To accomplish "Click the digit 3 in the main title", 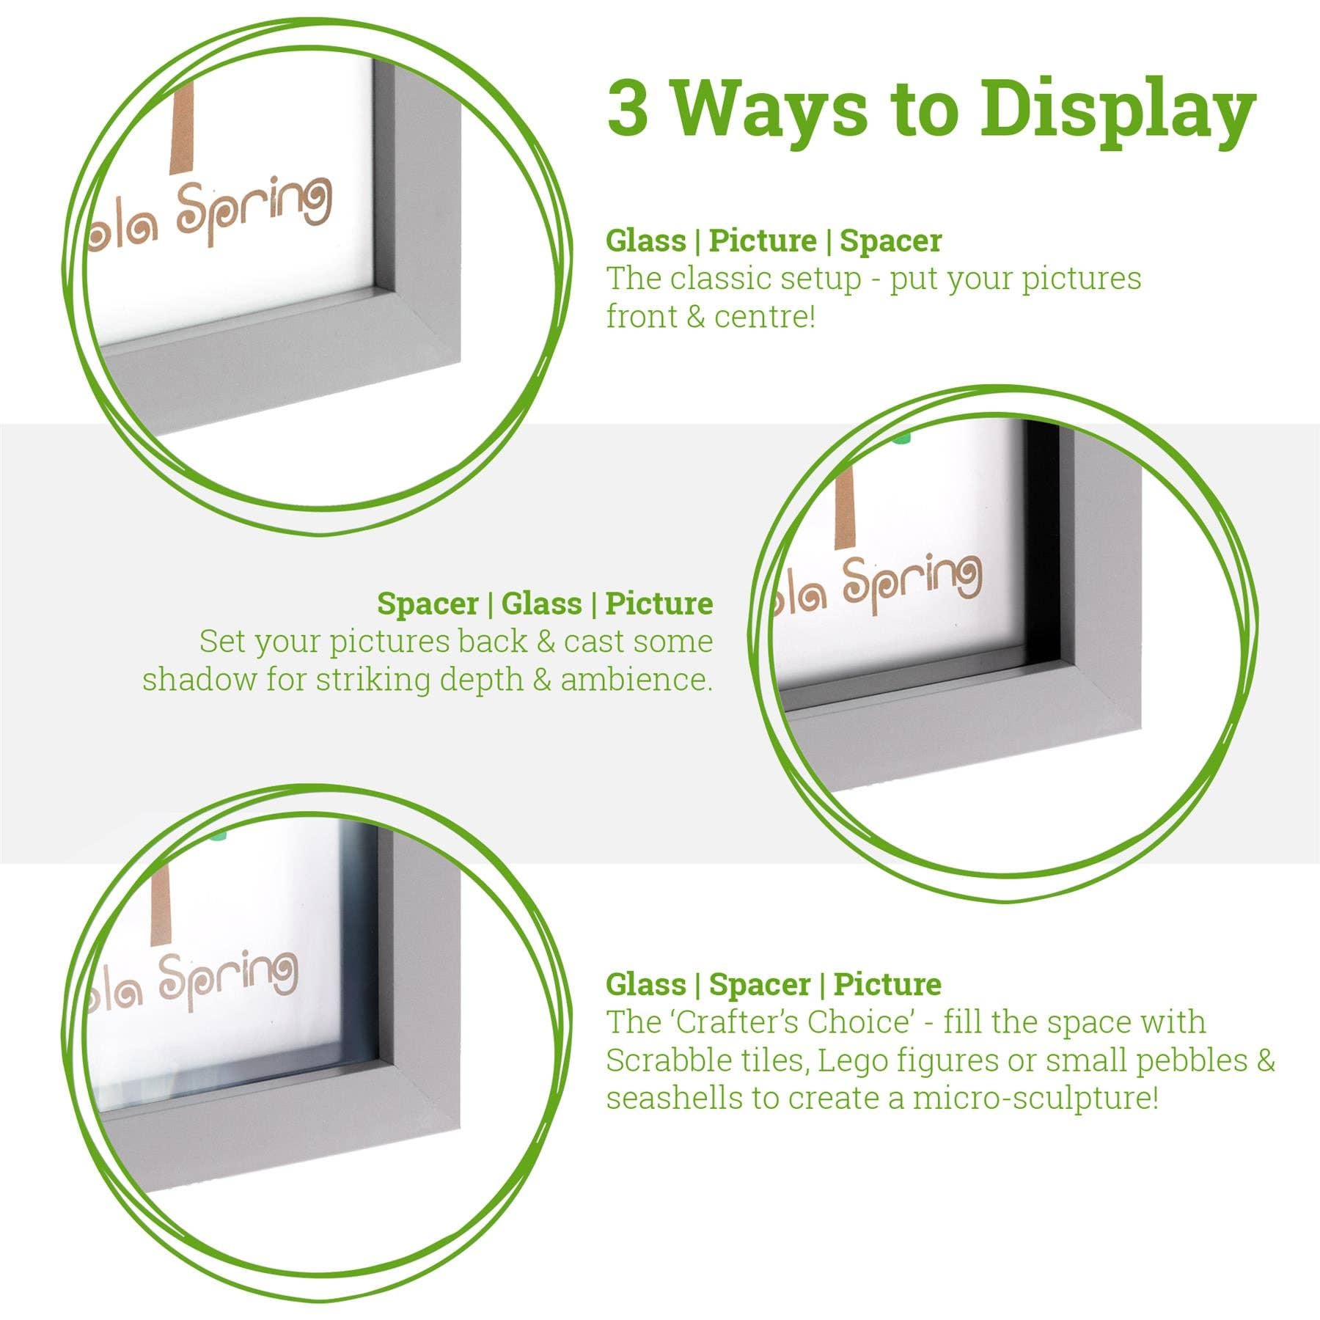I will [628, 109].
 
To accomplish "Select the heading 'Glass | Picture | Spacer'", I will [773, 241].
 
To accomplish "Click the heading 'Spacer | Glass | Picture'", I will [545, 604].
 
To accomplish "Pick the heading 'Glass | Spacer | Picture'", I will [773, 984].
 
